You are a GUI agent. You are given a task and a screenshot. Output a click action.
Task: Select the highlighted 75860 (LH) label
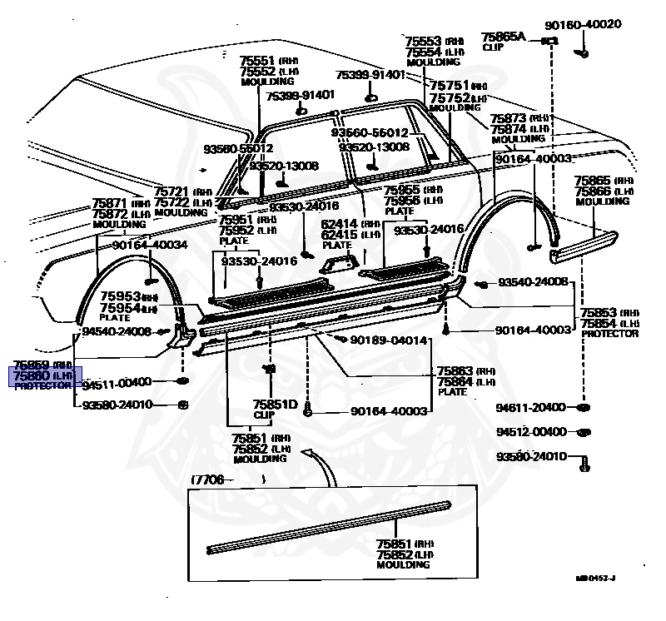(x=45, y=375)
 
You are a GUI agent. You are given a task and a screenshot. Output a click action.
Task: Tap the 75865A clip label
(x=504, y=37)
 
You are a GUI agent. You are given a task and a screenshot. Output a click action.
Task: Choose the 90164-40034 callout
(x=150, y=245)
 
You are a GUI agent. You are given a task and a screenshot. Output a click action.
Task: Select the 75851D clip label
(x=276, y=405)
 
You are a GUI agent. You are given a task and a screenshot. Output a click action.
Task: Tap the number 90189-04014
(x=388, y=340)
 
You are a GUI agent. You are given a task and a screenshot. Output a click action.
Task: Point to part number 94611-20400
(x=531, y=407)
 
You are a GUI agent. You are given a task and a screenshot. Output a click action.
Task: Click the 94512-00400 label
(x=531, y=432)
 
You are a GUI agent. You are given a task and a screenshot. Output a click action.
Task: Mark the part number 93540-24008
(x=533, y=283)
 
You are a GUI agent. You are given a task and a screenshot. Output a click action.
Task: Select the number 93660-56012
(x=370, y=132)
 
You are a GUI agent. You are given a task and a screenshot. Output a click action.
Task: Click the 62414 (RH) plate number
(x=339, y=223)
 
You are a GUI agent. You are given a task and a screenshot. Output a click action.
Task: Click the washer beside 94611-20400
(x=583, y=408)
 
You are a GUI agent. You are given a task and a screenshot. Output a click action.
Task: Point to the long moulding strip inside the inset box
(x=329, y=525)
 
